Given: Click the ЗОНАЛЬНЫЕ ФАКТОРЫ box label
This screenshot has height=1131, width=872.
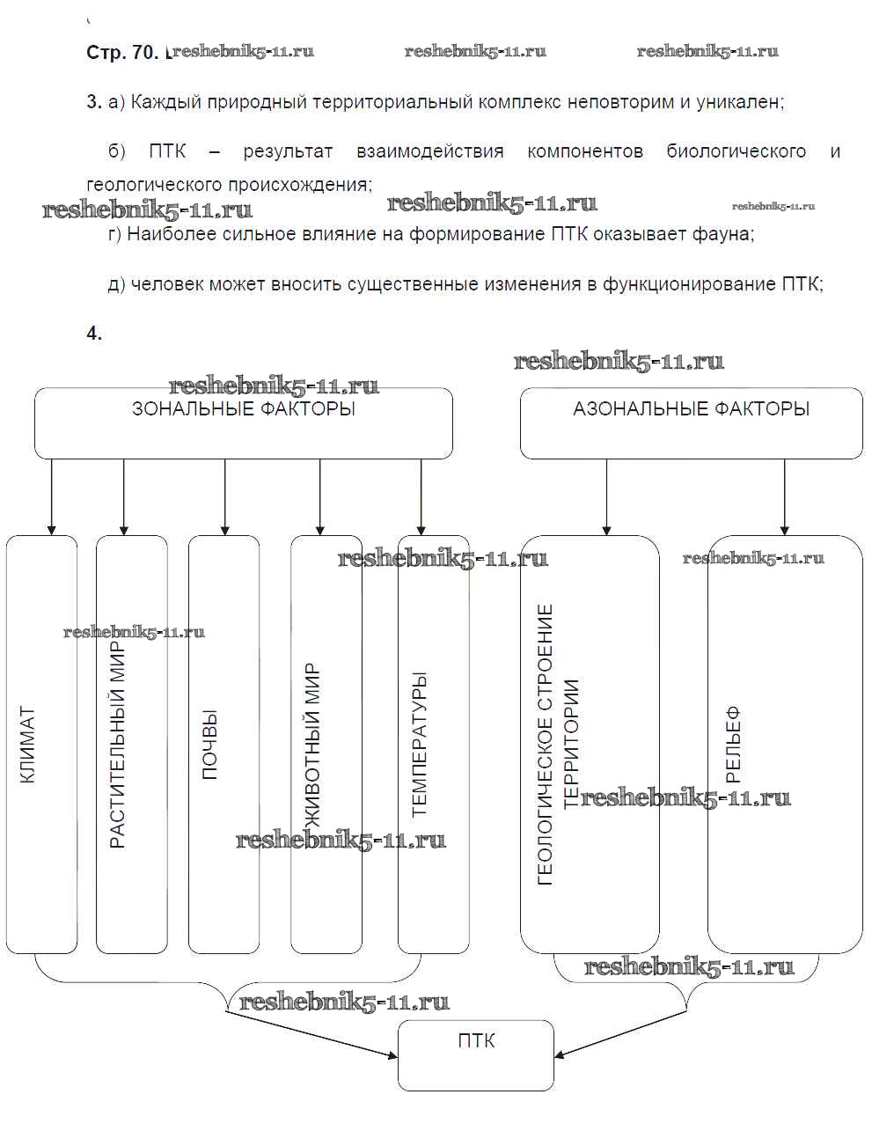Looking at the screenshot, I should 244,409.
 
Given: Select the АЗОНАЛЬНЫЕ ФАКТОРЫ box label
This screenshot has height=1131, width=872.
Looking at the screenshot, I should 691,409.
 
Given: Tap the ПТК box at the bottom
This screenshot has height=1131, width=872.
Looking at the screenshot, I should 476,1042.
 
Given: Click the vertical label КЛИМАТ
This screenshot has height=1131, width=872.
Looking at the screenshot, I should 27,745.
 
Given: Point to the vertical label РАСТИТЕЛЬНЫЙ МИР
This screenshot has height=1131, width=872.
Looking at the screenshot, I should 118,745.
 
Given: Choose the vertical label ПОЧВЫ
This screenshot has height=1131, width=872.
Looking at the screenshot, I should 209,745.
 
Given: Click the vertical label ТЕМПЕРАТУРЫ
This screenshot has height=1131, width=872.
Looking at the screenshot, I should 419,745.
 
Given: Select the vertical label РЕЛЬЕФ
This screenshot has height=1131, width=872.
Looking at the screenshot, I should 733,745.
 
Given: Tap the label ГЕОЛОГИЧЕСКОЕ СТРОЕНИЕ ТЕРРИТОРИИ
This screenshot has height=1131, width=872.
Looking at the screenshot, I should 558,745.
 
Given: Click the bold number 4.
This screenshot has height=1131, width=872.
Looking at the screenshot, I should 94,333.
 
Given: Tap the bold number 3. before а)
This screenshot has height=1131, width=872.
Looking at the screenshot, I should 94,102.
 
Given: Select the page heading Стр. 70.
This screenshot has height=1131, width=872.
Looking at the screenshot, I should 122,53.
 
